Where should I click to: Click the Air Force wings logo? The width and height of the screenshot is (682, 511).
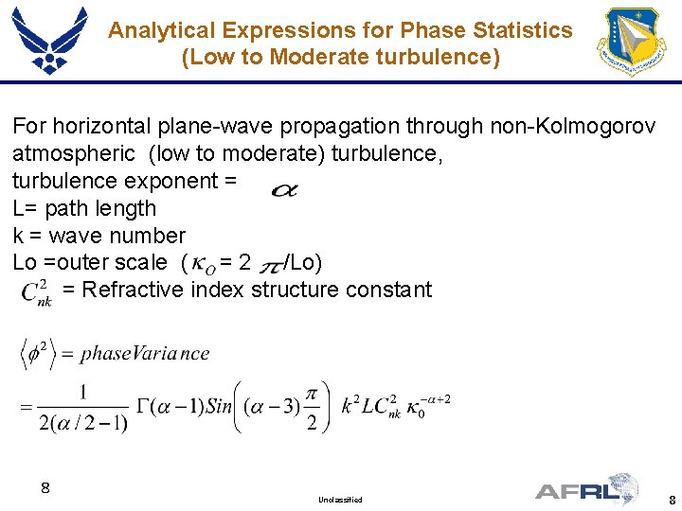(49, 40)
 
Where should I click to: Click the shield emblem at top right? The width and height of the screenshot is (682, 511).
(631, 42)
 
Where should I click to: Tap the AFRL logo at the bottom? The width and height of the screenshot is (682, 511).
(587, 489)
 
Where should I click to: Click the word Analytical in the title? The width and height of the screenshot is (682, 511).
(156, 30)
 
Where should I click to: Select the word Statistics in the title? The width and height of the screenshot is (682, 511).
(525, 30)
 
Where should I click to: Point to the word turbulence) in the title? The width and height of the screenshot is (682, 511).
(437, 57)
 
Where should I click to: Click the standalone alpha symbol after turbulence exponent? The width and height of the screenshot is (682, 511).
(284, 190)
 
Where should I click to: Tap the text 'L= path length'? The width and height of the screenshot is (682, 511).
(84, 208)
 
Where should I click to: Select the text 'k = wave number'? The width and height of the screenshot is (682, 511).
(99, 235)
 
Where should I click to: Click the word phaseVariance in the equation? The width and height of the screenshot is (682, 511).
(145, 354)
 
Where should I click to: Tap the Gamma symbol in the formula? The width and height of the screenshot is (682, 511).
(144, 407)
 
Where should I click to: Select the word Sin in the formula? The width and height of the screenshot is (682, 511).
(218, 407)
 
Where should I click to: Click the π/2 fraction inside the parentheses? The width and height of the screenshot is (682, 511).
(312, 407)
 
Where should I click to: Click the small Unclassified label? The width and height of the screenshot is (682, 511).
(340, 499)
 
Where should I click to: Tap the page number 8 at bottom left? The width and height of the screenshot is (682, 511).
(45, 488)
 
